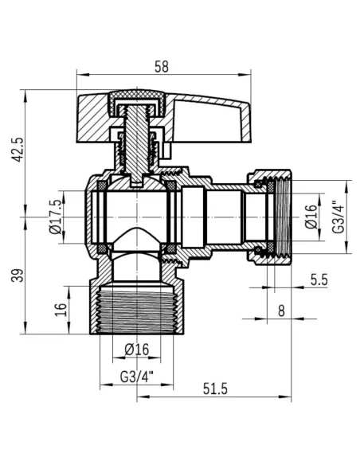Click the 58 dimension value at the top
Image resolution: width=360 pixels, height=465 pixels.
point(162,67)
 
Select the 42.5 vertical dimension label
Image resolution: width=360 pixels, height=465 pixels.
point(18,149)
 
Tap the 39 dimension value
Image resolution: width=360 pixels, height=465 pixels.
point(18,275)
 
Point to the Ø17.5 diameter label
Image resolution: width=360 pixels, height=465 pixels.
point(56,217)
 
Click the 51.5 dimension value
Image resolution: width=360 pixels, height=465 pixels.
point(215,389)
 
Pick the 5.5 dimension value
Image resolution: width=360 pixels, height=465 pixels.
point(319,279)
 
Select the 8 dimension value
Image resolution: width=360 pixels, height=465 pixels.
point(281,311)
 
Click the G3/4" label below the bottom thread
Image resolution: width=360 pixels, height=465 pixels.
point(137,377)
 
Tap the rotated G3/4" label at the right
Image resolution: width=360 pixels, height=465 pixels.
point(338,217)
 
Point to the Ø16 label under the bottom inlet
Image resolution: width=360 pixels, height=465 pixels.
point(137,350)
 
